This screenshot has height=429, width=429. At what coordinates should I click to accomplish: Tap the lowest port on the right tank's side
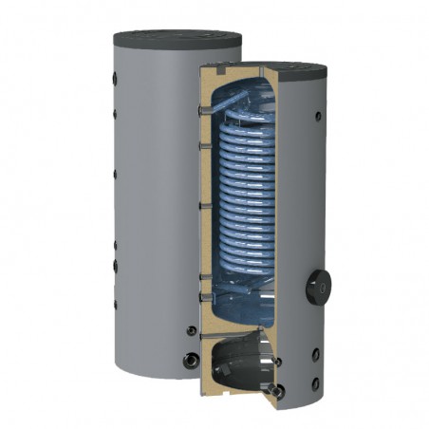coord(317,382)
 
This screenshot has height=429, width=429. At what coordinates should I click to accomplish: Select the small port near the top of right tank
coord(317,117)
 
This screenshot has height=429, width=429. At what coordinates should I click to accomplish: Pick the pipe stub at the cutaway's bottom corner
coord(275,390)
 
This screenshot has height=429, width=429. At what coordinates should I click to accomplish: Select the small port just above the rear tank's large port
coord(193,330)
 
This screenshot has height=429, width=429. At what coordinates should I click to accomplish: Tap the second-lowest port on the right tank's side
coord(316,353)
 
